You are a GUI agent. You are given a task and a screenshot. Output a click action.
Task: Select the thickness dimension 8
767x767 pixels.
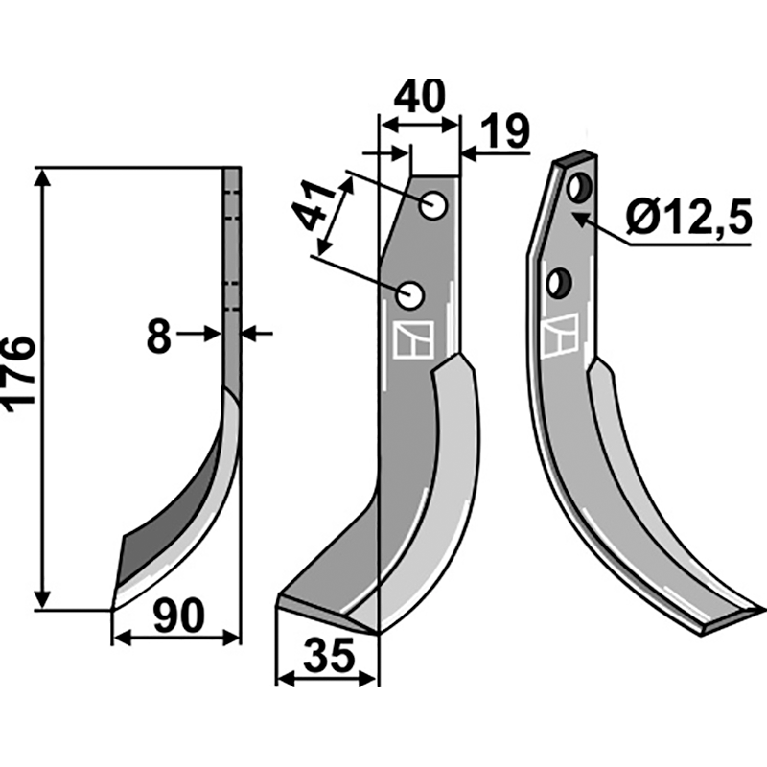tap(159, 336)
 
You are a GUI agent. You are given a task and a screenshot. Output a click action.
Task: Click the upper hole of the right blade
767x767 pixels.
tap(577, 188)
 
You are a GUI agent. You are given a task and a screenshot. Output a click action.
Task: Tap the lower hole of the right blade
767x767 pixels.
tap(558, 283)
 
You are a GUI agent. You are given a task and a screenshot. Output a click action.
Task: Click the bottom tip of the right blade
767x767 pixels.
tap(756, 611)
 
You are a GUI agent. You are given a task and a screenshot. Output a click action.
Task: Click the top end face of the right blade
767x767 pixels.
tap(575, 158)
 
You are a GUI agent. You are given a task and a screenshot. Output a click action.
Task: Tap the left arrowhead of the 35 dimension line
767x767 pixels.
tap(281, 678)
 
